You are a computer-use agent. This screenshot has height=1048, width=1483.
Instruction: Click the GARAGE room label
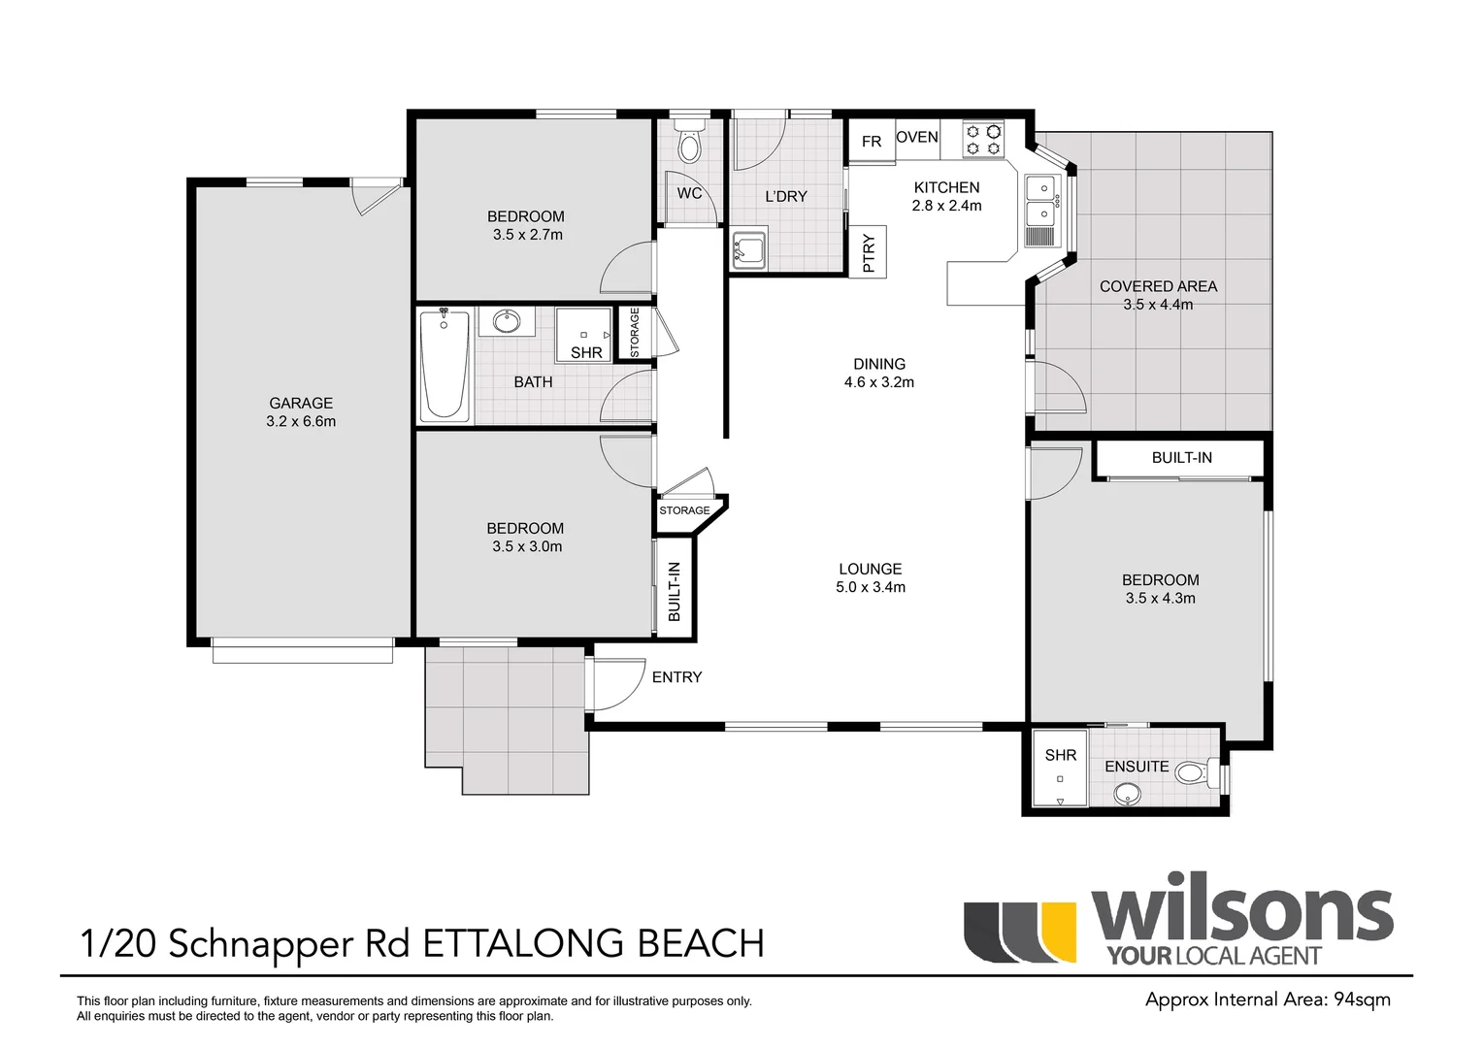301,403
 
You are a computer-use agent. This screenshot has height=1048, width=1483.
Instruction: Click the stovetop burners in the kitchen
983,141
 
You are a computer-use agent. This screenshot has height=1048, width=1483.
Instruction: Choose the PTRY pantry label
869,253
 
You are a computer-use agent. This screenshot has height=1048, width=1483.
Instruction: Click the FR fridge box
872,141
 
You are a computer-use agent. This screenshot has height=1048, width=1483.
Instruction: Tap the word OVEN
917,137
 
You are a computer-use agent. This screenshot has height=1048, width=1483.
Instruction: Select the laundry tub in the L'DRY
749,250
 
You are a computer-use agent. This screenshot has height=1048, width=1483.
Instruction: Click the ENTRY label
676,676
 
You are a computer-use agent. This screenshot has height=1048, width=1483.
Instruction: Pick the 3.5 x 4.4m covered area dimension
1158,305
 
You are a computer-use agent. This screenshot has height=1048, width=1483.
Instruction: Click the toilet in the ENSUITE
1200,772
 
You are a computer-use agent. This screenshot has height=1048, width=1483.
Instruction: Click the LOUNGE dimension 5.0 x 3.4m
870,586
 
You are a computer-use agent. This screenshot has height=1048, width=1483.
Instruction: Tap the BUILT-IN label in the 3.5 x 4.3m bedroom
1182,457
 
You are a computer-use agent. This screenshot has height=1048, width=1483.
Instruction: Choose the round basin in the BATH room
507,322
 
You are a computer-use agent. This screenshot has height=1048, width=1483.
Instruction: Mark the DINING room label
879,364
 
